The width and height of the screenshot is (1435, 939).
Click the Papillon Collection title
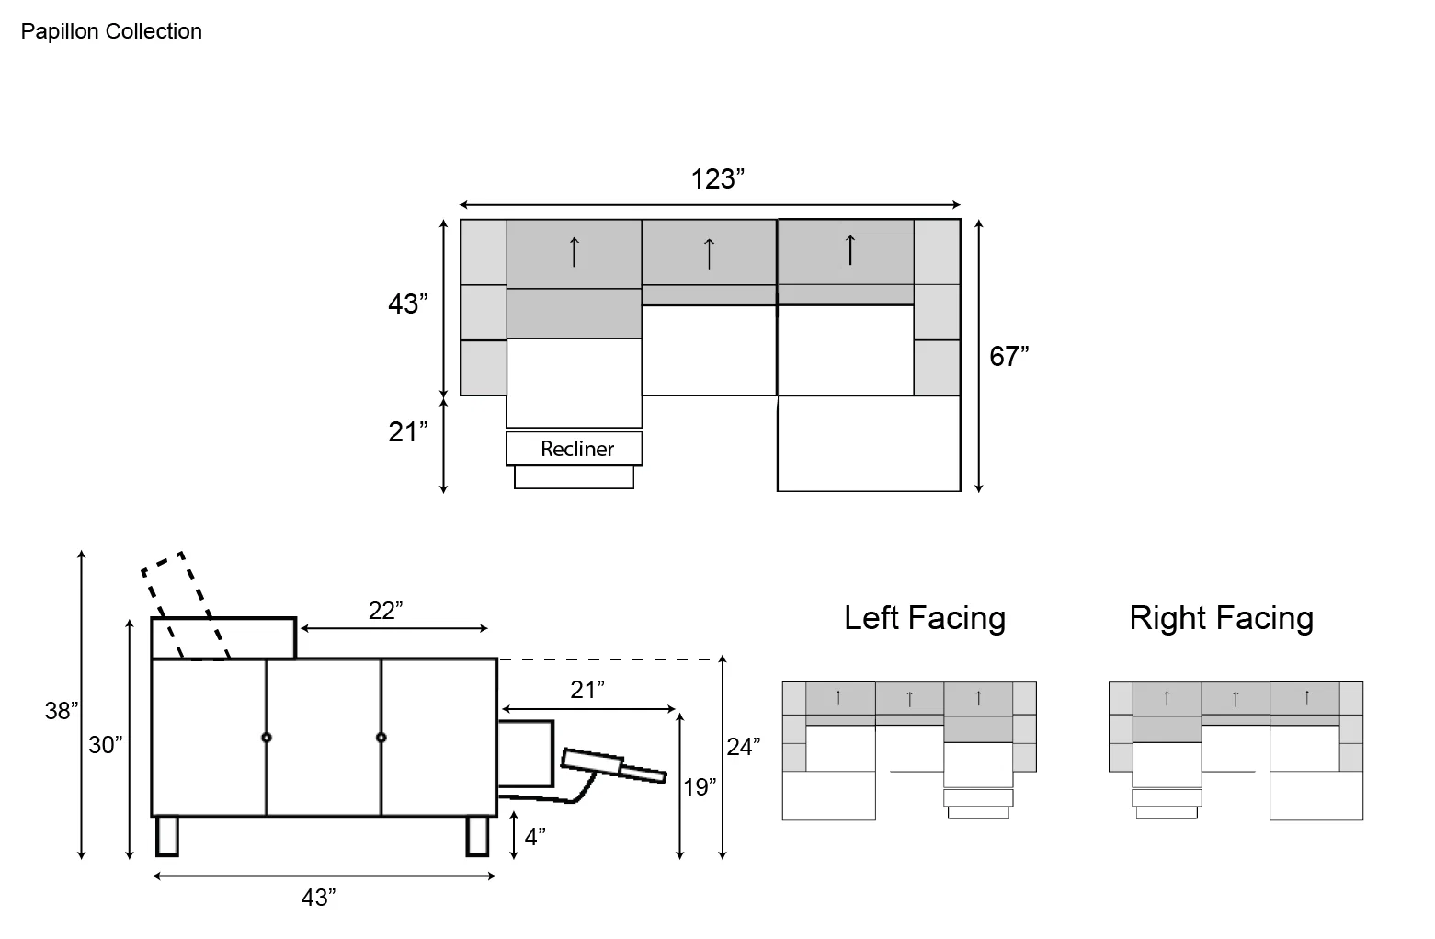point(111,31)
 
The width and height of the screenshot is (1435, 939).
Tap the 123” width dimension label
point(717,179)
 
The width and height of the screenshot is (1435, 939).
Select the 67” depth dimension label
point(1009,356)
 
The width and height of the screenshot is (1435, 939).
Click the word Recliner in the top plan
point(577,449)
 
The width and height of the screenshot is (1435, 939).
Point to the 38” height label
point(62,710)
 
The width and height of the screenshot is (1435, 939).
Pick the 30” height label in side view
point(105,745)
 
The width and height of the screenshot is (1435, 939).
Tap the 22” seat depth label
point(386,611)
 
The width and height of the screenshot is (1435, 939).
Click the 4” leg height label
point(535,836)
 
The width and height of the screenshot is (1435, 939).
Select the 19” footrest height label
point(700,787)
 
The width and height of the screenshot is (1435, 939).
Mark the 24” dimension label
point(743,747)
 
